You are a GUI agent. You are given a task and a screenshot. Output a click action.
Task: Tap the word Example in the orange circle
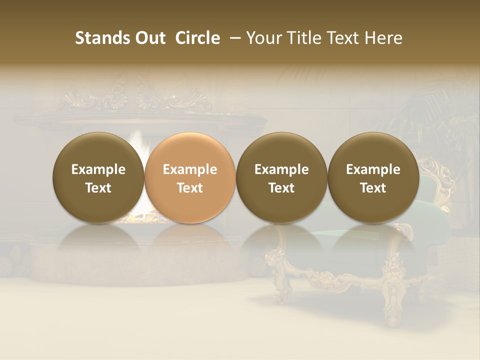[190, 169]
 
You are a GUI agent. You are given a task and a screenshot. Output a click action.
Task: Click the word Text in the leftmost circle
[98, 188]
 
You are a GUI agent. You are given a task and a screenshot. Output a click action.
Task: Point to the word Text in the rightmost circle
[373, 188]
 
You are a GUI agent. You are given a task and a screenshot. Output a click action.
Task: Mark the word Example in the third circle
[281, 169]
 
